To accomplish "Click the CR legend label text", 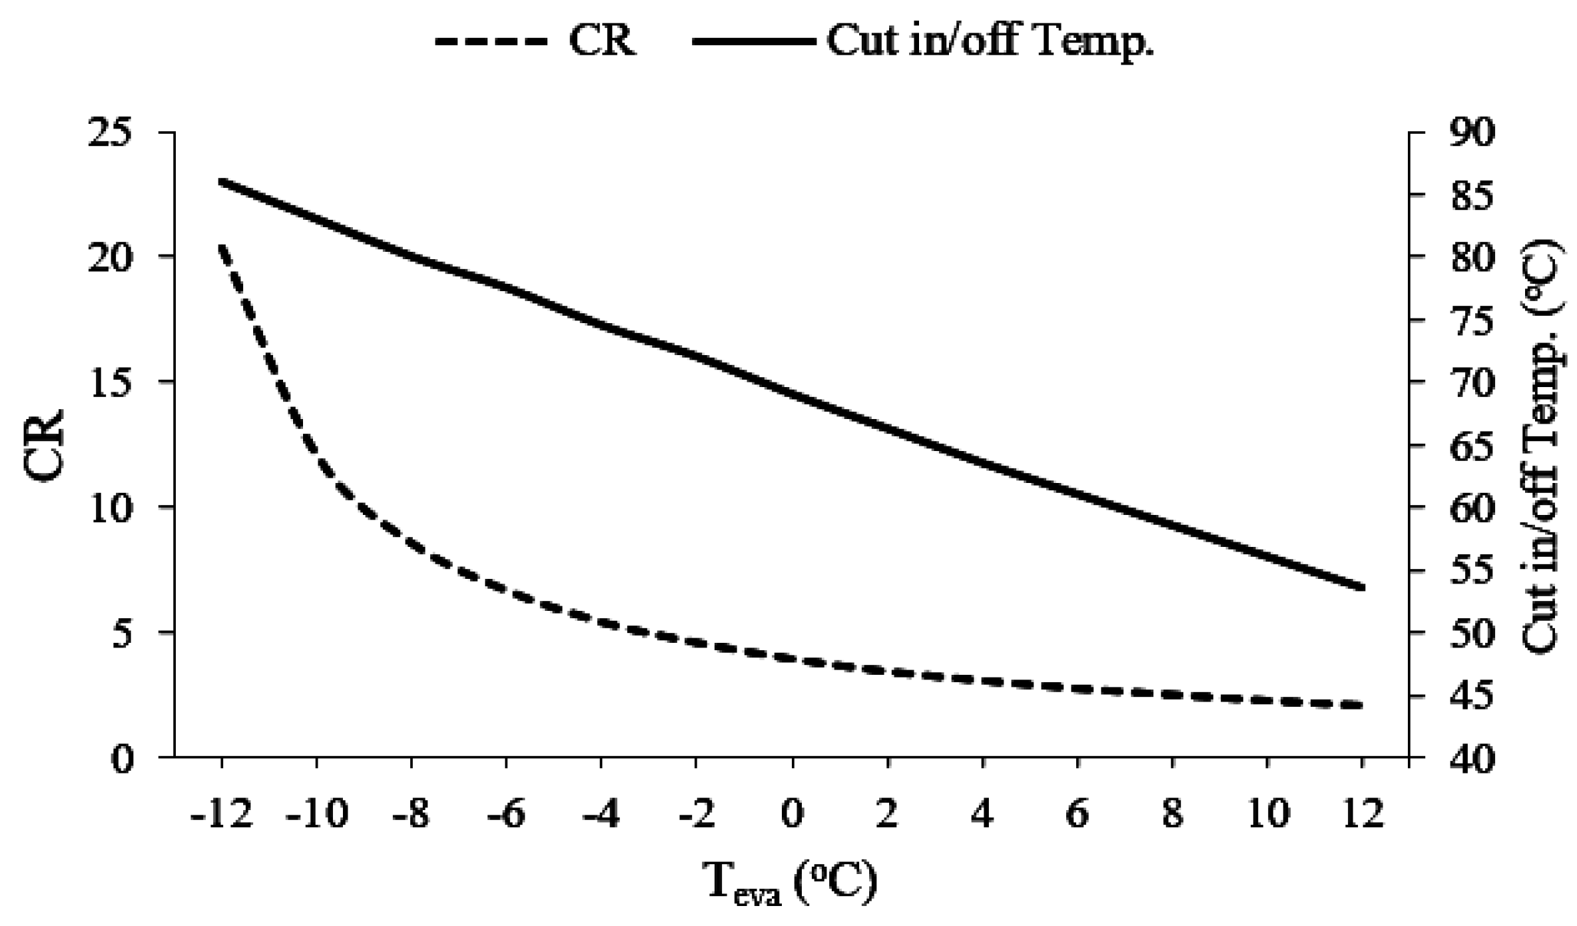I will (601, 41).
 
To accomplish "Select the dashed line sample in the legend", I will (491, 41).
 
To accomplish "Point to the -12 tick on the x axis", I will (222, 814).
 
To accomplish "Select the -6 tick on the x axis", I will (507, 814).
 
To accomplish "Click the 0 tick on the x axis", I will (792, 814).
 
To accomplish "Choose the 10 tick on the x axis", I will (1267, 814).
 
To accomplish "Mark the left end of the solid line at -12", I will (222, 181).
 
